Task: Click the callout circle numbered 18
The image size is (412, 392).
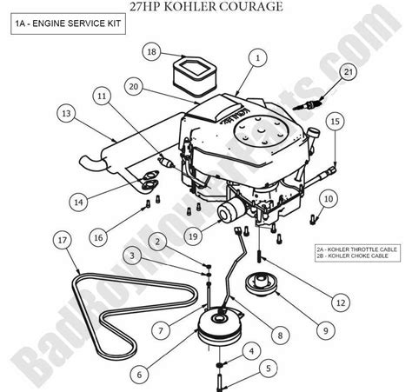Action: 152,53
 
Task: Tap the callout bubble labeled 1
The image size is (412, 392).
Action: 257,58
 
